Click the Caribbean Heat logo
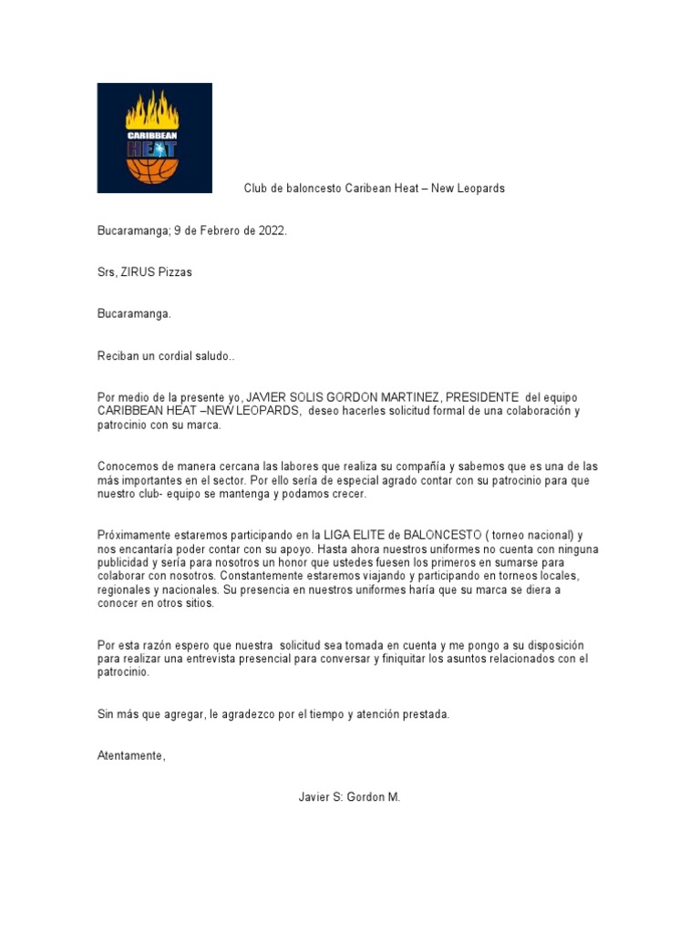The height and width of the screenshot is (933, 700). pos(154,138)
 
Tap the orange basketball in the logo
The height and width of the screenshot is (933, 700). pos(153,170)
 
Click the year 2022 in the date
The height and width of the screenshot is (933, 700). pos(270,231)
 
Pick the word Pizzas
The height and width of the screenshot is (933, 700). pos(177,272)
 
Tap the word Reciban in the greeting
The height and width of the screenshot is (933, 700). pos(118,355)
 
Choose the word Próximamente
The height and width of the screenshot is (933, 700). pos(133,535)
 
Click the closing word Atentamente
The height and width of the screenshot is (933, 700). pos(131,755)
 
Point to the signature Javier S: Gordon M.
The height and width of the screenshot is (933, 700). pos(349,796)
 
